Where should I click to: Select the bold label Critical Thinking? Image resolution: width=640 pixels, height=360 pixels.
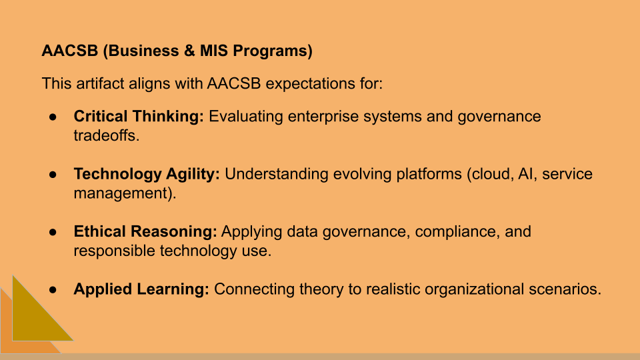[139, 117]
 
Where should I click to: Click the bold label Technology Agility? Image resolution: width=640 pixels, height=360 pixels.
[147, 174]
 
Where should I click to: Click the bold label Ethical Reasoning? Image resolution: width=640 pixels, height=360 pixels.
[145, 232]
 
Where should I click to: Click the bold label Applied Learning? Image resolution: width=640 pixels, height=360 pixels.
[141, 289]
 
